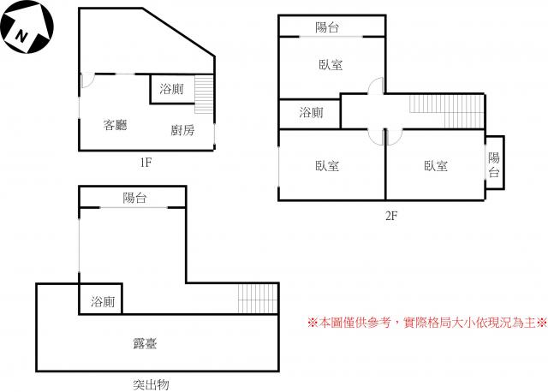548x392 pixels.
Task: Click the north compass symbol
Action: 27,27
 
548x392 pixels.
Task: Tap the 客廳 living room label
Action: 115,125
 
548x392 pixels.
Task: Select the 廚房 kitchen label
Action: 182,130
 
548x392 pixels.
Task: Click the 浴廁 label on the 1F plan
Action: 171,89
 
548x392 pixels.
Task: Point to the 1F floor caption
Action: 146,162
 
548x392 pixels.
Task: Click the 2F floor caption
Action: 391,216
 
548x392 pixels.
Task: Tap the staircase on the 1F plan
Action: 204,94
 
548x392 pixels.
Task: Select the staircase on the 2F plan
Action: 447,111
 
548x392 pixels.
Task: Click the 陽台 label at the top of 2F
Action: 327,27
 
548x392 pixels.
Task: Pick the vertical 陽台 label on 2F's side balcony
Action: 494,164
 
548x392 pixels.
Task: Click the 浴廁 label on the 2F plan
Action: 311,112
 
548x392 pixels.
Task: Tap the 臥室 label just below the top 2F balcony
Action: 331,65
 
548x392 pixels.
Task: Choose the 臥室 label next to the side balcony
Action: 436,165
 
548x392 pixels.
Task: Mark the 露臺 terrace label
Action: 146,344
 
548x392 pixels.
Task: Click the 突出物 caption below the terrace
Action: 151,384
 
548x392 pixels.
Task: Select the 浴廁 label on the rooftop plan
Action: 103,301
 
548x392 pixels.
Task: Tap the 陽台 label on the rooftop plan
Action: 134,198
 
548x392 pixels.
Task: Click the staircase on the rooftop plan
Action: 258,299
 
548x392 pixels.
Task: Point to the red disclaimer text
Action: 427,323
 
